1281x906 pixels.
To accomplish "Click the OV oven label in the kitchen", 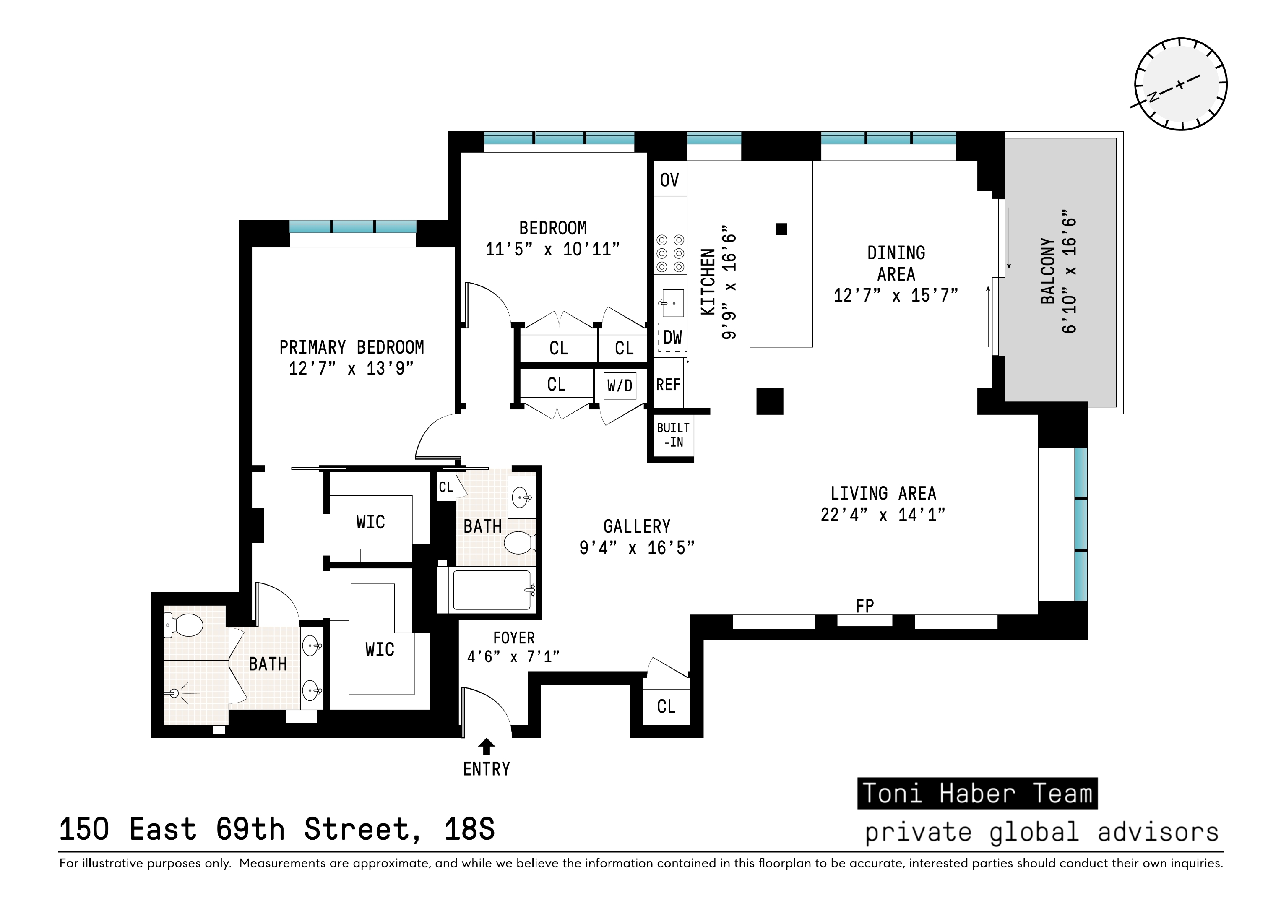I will click(x=669, y=180).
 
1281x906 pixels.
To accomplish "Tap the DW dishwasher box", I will click(x=672, y=337).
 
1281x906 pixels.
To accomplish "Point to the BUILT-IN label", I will click(x=673, y=435).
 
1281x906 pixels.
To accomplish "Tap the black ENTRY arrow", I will click(x=487, y=747).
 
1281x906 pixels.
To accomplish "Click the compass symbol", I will click(x=1181, y=84).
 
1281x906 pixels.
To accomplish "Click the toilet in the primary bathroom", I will click(x=185, y=625).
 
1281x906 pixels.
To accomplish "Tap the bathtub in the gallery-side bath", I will click(x=492, y=590).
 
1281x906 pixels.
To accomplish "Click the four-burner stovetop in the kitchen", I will click(x=670, y=253).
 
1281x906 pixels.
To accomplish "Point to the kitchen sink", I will click(x=672, y=302).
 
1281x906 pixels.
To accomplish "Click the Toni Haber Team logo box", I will click(x=977, y=793).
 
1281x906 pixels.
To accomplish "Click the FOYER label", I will click(x=514, y=638).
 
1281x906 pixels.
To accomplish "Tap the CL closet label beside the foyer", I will click(x=666, y=707).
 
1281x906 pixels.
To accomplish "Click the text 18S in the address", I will click(x=469, y=830).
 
